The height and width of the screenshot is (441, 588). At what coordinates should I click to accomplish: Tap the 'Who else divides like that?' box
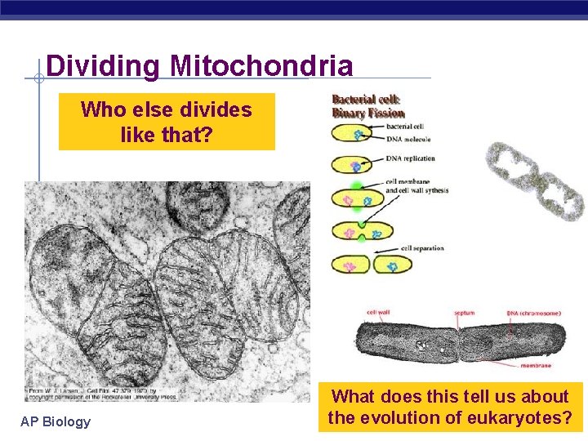[x=167, y=121]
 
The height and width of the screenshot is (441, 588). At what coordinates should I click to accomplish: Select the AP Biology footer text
[x=56, y=421]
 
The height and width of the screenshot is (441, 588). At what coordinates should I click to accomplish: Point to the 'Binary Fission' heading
[x=367, y=113]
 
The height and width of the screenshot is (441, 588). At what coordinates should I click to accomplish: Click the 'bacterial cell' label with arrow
[x=408, y=127]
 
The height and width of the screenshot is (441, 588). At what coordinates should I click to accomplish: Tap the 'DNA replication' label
[x=412, y=158]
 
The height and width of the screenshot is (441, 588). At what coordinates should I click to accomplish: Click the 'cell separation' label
[x=421, y=247]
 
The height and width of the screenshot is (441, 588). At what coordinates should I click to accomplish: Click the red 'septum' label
[x=464, y=312]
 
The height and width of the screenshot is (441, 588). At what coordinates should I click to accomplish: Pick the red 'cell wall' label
[x=377, y=312]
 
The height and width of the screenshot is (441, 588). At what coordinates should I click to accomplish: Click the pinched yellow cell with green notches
[x=353, y=230]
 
